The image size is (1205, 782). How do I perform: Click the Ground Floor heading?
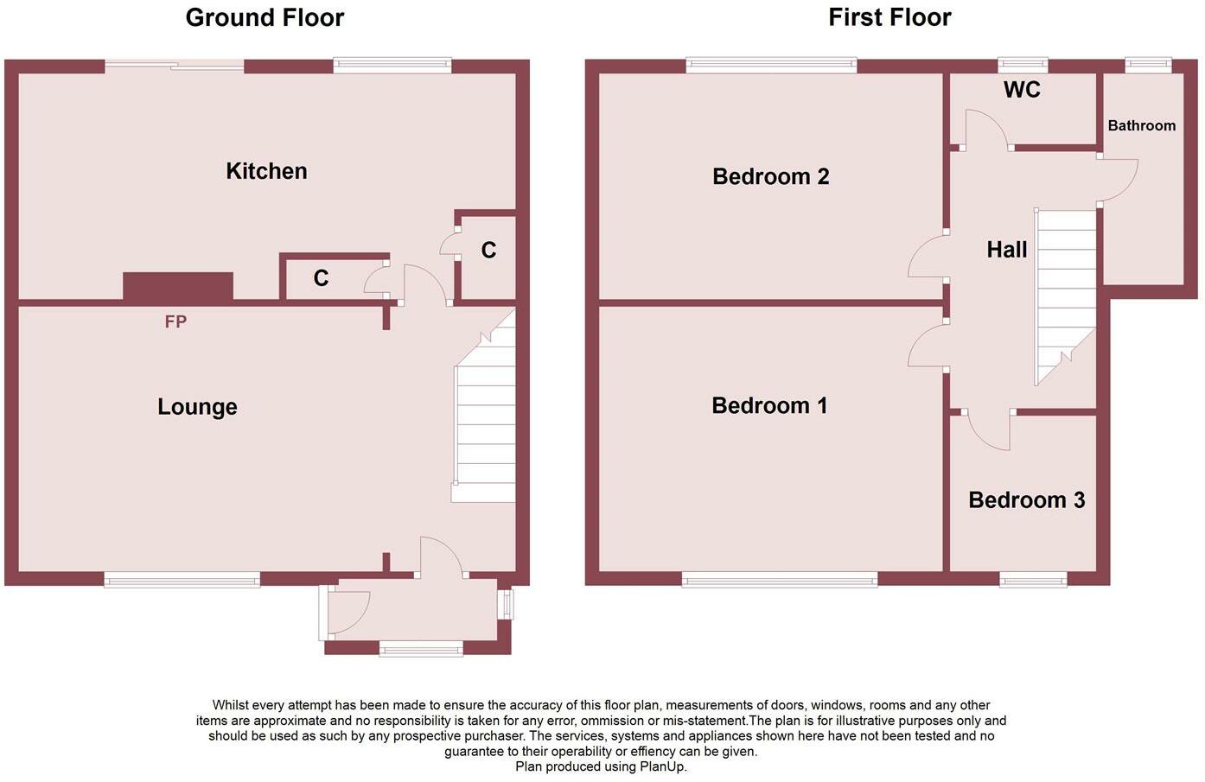click(265, 18)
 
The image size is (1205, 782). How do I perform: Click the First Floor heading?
click(889, 18)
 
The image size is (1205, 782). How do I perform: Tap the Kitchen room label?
click(266, 171)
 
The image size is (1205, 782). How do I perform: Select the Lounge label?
click(197, 407)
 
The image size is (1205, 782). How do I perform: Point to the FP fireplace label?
click(175, 321)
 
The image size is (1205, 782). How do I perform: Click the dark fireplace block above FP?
click(178, 286)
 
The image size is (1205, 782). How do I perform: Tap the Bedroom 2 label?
click(770, 176)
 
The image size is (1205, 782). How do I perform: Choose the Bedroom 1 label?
click(769, 405)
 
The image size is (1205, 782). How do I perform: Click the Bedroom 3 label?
click(1026, 500)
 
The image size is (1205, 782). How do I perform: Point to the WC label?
click(1022, 89)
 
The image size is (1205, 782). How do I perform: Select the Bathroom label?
click(1142, 126)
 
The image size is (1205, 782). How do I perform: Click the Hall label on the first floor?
click(1007, 250)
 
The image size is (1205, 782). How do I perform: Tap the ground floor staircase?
click(484, 408)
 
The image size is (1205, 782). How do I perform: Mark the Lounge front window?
click(182, 579)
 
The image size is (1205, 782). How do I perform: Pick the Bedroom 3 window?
click(1033, 580)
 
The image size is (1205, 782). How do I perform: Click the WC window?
click(1023, 65)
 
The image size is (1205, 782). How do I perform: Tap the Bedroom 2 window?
click(771, 65)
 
